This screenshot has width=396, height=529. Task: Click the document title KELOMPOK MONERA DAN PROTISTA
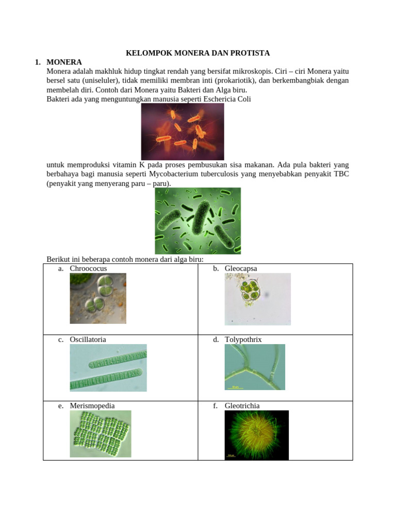click(x=198, y=53)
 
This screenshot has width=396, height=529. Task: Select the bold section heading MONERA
click(x=64, y=62)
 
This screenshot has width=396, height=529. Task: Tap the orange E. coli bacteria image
click(x=183, y=131)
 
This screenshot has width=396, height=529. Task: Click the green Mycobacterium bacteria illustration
click(x=197, y=221)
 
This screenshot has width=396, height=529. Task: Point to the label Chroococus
click(x=88, y=269)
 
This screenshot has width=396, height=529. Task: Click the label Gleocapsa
click(x=241, y=269)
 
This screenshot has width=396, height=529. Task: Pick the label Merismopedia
click(x=92, y=406)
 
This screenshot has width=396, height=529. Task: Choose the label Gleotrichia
click(x=243, y=406)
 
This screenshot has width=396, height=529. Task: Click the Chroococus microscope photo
click(x=98, y=298)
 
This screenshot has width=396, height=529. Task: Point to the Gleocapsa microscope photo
click(x=257, y=299)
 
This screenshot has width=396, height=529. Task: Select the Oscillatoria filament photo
click(x=108, y=368)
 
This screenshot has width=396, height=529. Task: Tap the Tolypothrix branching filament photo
click(x=255, y=367)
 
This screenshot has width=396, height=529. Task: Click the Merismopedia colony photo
click(x=101, y=434)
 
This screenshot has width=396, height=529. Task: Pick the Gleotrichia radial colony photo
click(x=257, y=435)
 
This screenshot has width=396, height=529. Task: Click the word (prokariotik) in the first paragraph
click(x=228, y=81)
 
